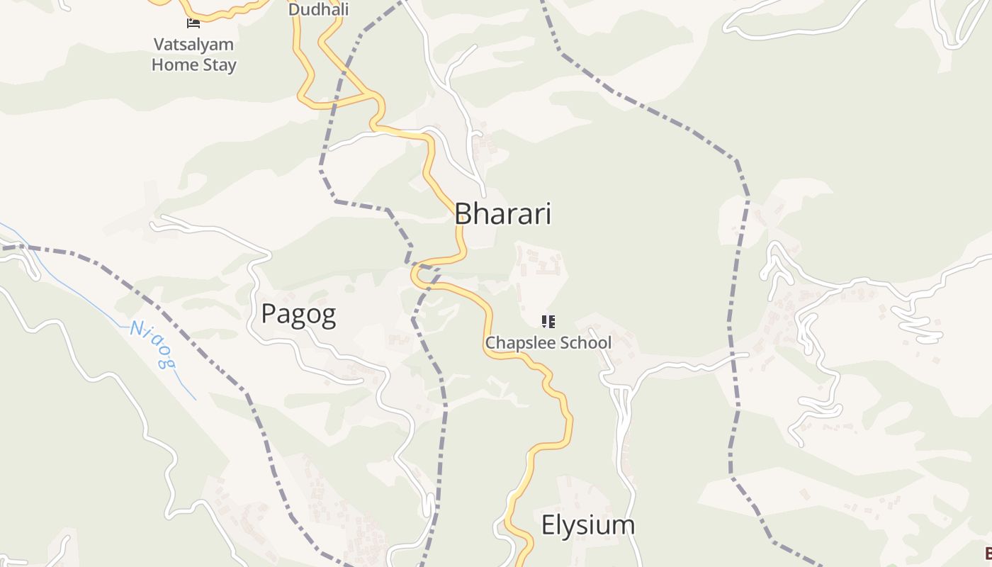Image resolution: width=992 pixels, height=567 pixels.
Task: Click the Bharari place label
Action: click(502, 213)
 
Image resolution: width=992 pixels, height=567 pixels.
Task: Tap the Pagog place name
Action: click(298, 313)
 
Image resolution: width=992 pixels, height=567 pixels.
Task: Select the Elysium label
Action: click(587, 525)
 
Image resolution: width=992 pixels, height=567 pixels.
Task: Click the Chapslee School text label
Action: click(548, 343)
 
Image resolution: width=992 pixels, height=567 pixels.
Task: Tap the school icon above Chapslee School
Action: click(548, 322)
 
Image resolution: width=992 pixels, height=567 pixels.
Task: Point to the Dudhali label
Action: click(319, 10)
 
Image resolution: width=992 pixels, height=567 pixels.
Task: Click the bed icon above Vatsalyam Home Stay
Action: click(193, 23)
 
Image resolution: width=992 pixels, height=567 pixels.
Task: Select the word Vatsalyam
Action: click(193, 45)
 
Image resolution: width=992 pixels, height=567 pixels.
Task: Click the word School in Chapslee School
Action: click(585, 343)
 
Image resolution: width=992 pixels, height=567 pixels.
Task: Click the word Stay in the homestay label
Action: click(220, 65)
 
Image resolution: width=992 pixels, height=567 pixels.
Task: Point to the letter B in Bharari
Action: click(463, 213)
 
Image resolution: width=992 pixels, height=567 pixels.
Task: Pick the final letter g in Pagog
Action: click(327, 316)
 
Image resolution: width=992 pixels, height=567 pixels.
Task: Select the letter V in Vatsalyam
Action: click(159, 45)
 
